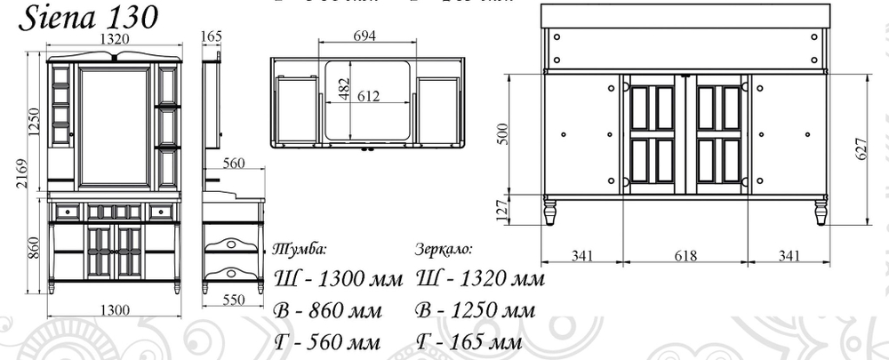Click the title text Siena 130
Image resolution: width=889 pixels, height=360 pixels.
86,17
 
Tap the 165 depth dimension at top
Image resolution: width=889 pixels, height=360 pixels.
212,36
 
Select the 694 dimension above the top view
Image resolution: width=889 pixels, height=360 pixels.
365,36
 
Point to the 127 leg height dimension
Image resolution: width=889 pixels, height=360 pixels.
503,211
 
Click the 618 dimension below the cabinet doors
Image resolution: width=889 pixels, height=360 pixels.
685,256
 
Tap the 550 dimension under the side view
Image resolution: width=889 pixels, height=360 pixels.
233,300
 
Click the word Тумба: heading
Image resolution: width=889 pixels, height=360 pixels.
303,248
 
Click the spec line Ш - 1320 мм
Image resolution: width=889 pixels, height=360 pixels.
479,280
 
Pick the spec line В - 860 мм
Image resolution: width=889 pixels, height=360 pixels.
328,311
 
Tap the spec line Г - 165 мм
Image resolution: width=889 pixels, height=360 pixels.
467,342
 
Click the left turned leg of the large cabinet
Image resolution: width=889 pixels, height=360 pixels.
550,213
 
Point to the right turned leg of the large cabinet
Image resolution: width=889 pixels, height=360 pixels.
821,213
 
